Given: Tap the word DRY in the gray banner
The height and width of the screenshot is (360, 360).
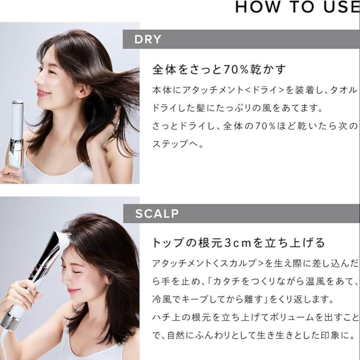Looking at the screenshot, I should [x=148, y=40].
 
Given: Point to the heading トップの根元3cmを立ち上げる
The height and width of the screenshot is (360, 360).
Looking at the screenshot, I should [x=238, y=243].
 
